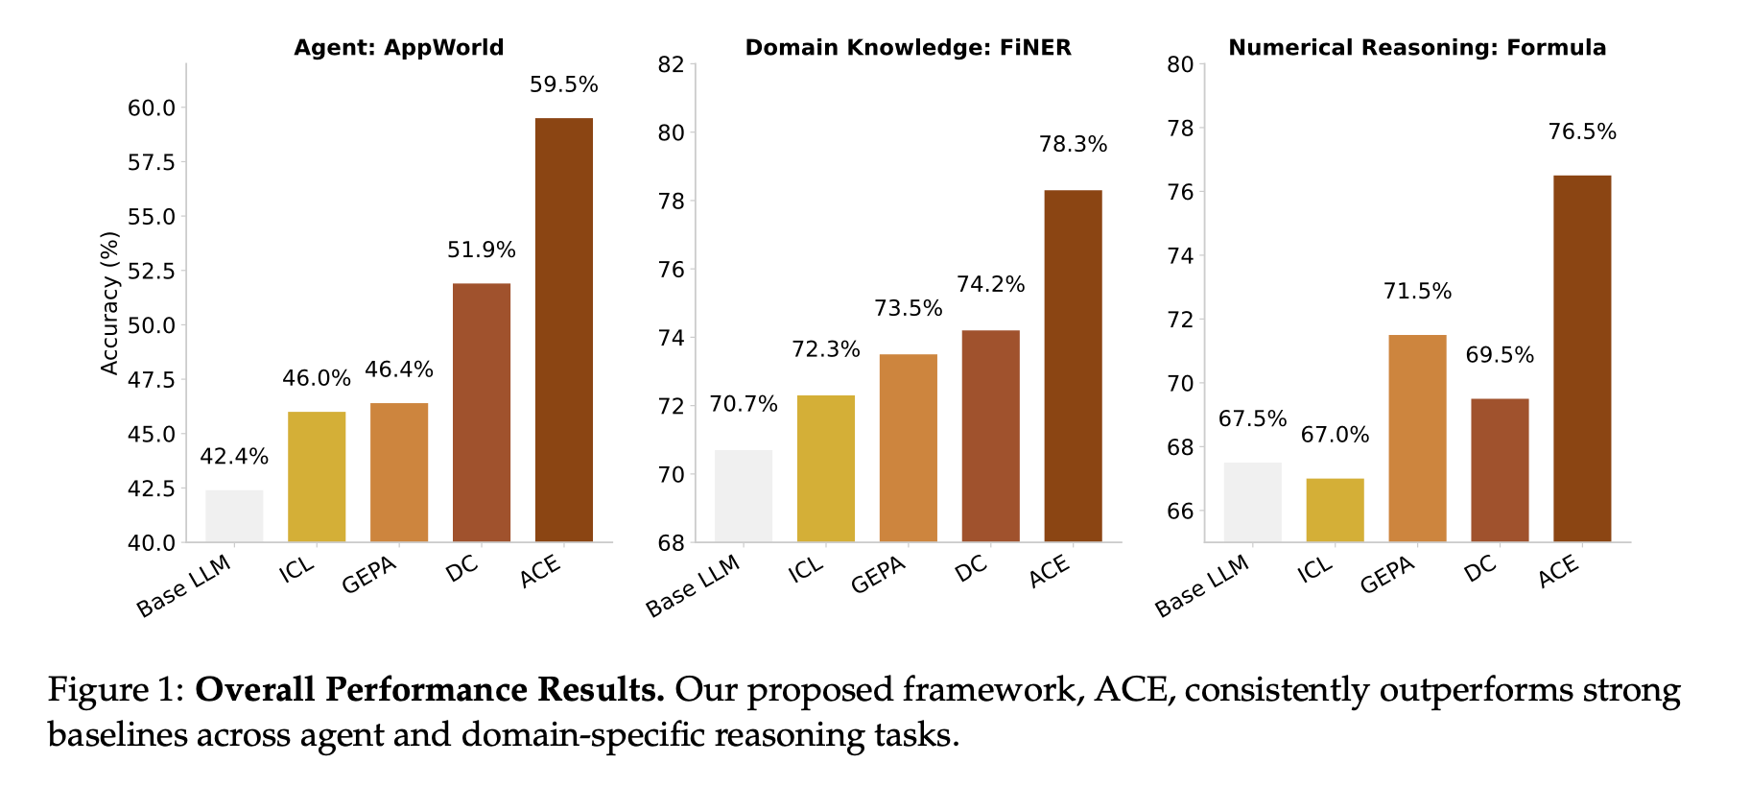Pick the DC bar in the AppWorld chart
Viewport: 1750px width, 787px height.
click(x=481, y=412)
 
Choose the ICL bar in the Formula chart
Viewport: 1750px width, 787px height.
click(x=1335, y=510)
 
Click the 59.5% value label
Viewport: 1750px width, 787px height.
click(x=563, y=85)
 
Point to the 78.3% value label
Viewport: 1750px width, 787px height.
click(x=1073, y=145)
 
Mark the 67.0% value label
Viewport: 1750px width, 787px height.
click(x=1335, y=436)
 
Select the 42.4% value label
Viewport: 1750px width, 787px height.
click(x=234, y=457)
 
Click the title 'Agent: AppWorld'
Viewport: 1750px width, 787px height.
click(x=398, y=48)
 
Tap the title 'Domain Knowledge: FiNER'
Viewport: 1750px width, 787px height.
click(x=908, y=48)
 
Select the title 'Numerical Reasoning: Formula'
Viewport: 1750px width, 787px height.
click(x=1417, y=48)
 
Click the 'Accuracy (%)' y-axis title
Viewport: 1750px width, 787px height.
click(x=110, y=302)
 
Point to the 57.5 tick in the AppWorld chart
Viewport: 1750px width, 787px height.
click(x=152, y=163)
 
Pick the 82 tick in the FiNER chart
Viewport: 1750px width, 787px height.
click(x=671, y=65)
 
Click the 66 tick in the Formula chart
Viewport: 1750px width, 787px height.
click(x=1180, y=512)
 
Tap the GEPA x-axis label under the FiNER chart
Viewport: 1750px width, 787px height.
click(x=879, y=575)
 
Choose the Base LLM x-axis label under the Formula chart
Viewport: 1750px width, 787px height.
click(x=1202, y=586)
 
